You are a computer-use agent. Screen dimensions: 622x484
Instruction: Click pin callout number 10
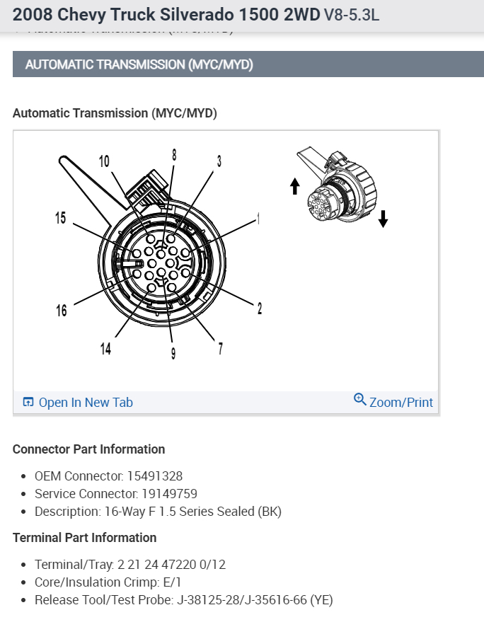click(104, 162)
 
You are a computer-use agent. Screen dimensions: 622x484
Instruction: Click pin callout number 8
click(173, 154)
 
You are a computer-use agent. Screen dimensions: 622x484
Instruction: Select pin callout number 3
click(219, 161)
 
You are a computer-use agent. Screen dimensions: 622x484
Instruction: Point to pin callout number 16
click(62, 310)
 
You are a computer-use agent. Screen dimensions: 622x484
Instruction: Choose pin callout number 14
click(105, 348)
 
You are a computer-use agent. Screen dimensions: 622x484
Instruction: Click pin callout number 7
click(221, 348)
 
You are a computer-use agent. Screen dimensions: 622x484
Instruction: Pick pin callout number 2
click(260, 308)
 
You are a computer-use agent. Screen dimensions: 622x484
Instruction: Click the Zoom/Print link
click(401, 403)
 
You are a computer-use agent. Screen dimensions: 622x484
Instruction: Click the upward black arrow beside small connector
click(295, 186)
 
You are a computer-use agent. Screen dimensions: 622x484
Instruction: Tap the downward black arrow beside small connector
click(383, 219)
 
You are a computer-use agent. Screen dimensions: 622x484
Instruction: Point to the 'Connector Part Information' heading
click(88, 449)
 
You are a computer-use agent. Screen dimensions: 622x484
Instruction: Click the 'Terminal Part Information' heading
click(84, 538)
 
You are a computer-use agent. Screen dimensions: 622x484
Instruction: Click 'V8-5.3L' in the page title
click(351, 14)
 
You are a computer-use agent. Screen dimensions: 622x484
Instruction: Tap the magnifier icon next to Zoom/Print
click(359, 400)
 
